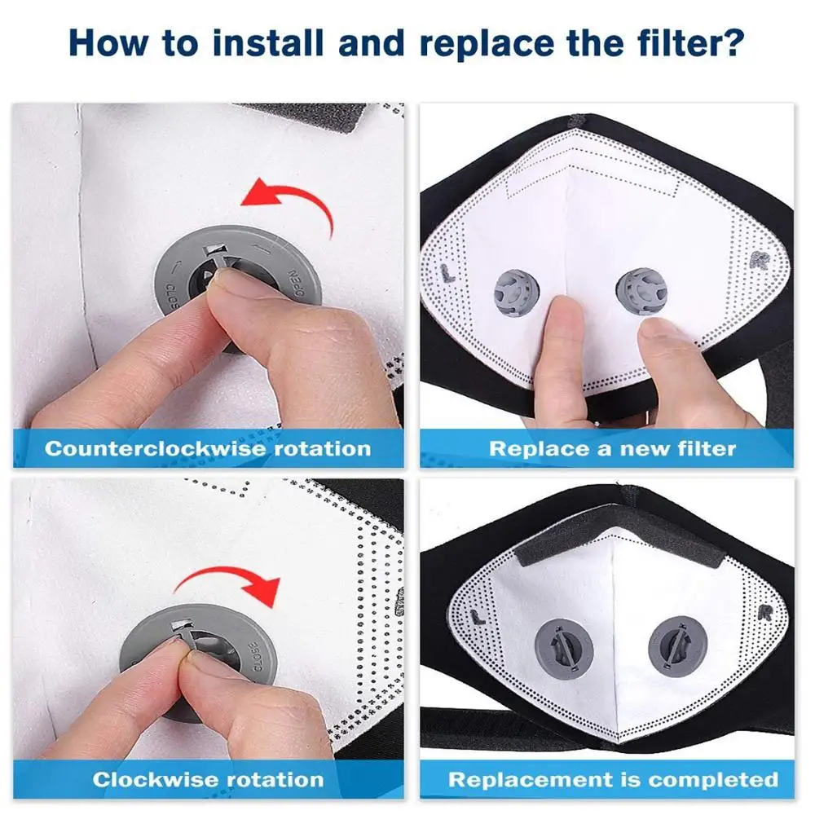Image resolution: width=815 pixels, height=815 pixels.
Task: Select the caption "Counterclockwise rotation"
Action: tap(208, 448)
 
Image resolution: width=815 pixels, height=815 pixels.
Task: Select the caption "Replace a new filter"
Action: tap(612, 448)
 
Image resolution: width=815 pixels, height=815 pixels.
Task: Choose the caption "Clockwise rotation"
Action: tap(208, 779)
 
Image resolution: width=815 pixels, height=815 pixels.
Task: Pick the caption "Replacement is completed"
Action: tap(612, 779)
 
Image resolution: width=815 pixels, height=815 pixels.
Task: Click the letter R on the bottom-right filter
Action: tap(764, 611)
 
